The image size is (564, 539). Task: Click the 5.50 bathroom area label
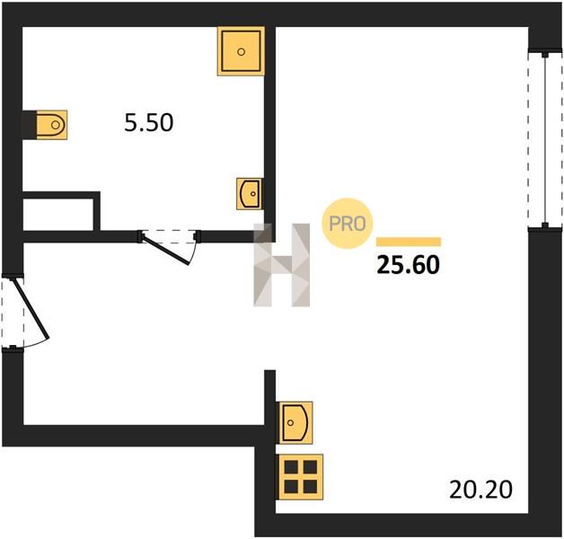tap(148, 122)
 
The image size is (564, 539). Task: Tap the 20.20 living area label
tap(480, 490)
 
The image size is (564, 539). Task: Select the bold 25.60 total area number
tap(409, 265)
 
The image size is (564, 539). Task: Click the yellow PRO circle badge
tap(347, 224)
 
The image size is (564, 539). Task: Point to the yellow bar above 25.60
tap(409, 242)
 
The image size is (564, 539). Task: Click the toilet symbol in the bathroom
tap(52, 125)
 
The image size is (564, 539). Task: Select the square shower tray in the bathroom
tap(241, 51)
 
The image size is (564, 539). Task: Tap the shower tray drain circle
tap(241, 52)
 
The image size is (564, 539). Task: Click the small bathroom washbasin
tap(250, 193)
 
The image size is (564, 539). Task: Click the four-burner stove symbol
tap(300, 477)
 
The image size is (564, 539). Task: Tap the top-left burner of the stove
tap(291, 467)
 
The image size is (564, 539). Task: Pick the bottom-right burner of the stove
tap(310, 487)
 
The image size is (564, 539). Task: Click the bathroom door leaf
tap(165, 250)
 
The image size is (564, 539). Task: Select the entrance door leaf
tap(31, 309)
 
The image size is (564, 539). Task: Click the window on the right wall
tap(545, 139)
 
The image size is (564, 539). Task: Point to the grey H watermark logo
tap(282, 265)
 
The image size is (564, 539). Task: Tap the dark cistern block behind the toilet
tap(30, 125)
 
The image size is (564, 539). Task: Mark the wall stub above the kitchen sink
tap(269, 398)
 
